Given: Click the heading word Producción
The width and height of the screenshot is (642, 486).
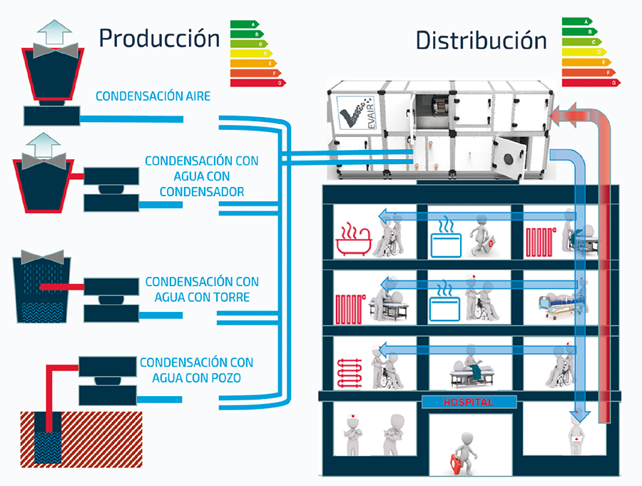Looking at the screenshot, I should point(159,38).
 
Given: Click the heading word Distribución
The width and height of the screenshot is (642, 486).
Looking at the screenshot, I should point(481,40).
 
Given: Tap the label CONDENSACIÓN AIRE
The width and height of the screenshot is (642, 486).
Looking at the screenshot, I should point(153,96).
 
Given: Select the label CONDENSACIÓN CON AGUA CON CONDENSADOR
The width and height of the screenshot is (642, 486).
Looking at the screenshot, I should point(202,176).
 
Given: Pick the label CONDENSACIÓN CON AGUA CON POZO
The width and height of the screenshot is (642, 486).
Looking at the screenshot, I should point(196,370).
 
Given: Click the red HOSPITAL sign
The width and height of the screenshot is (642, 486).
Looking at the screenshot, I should point(469,403).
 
